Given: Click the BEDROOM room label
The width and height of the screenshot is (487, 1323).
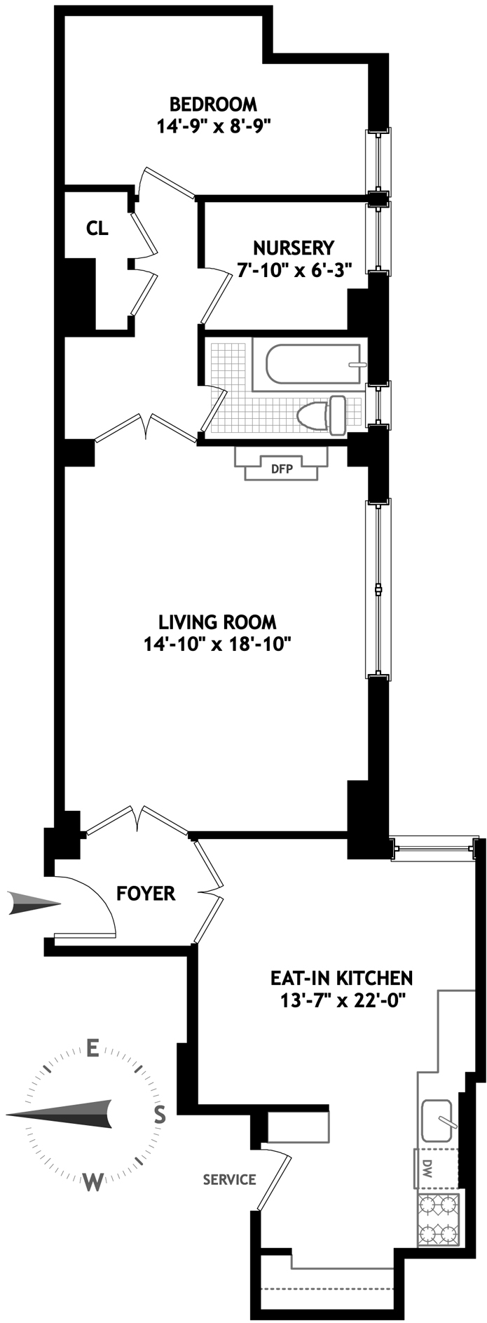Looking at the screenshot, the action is point(213,105).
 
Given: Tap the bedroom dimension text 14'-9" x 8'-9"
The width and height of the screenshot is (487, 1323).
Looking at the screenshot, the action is point(214,126).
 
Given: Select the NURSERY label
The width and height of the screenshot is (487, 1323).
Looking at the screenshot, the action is point(294,248).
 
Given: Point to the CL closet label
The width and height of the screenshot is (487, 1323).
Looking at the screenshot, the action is point(97,228).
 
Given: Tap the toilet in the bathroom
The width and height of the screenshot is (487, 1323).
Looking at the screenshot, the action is point(323,415).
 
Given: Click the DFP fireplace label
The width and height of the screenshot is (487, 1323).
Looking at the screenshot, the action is point(281,469).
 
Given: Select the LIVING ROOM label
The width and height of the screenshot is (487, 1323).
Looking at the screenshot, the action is point(217,622).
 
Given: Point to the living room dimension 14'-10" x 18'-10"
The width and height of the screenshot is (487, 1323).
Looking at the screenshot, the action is point(217,644).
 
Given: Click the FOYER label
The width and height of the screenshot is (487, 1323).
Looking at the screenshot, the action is point(146,894).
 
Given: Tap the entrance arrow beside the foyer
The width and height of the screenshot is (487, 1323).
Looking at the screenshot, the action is point(34,903).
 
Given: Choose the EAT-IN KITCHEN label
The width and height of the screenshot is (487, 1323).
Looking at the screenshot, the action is point(341,977).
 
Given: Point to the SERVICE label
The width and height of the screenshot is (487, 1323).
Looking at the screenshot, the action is point(229,1180).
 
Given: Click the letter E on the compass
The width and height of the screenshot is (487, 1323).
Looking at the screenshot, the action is point(91,1049).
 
